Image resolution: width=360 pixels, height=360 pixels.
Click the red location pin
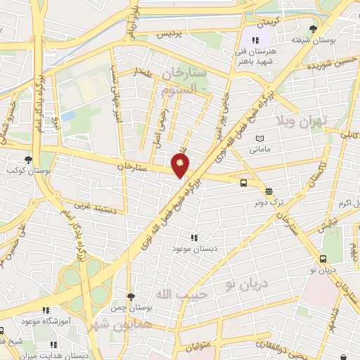pos(181,166)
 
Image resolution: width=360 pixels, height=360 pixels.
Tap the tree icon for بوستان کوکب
pos(28,160)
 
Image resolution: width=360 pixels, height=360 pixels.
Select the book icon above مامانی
pos(261,139)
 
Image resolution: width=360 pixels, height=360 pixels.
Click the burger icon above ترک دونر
pos(268,191)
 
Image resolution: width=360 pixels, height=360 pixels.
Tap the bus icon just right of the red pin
pos(243,184)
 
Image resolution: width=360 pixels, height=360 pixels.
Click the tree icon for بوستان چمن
pos(131,296)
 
